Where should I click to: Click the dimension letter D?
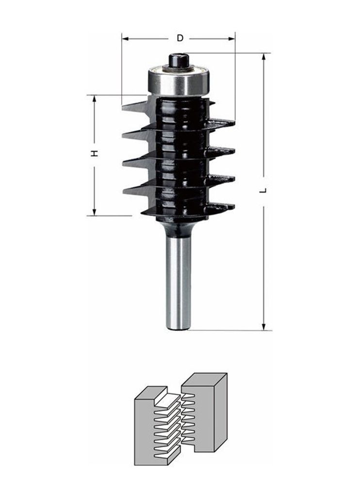(180, 38)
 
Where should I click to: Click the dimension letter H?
(94, 154)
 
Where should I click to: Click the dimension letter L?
(263, 190)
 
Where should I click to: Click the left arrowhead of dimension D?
(125, 39)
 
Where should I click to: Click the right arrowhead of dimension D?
(232, 39)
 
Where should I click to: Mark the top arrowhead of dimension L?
(263, 56)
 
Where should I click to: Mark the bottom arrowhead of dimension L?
(263, 327)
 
